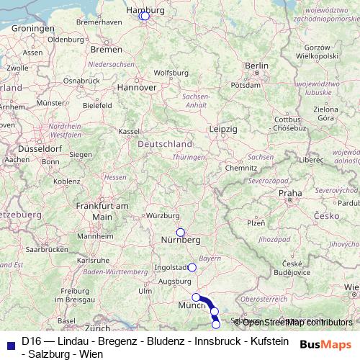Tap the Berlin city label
click(x=256, y=66)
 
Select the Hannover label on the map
click(x=138, y=86)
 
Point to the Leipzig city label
click(x=223, y=129)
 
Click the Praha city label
click(x=291, y=193)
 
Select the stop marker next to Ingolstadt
click(x=192, y=267)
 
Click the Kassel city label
click(x=129, y=132)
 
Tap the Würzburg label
click(x=163, y=216)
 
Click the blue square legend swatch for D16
click(x=10, y=343)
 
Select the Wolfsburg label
click(x=171, y=73)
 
